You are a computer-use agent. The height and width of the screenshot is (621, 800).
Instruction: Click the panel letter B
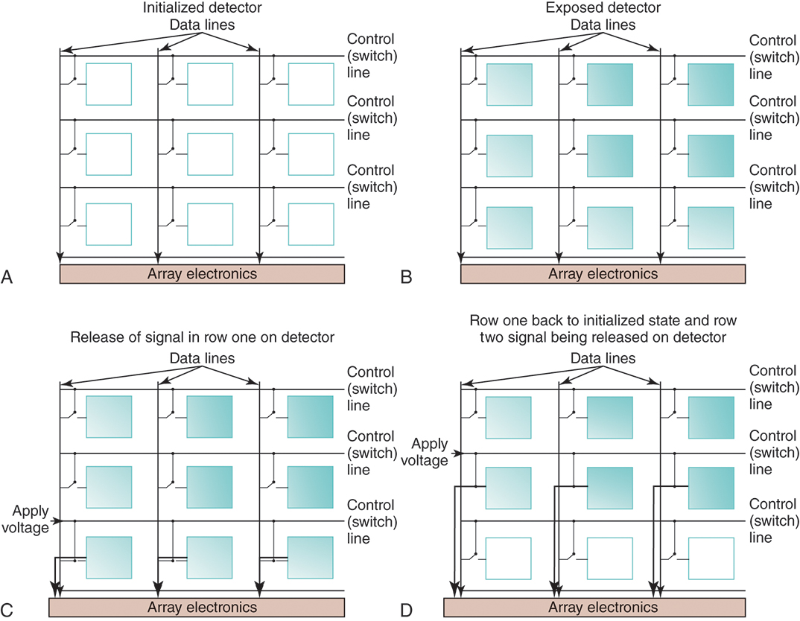(406, 277)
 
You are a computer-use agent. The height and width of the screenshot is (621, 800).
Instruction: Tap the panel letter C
(7, 610)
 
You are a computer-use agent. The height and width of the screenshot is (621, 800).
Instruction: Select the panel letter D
(407, 610)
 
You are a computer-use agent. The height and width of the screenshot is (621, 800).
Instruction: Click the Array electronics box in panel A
(201, 274)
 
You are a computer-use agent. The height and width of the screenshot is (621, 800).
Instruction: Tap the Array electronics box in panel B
(603, 274)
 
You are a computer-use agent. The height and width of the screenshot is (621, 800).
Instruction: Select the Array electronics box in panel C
(201, 607)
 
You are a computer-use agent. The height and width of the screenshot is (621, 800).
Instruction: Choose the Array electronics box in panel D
(603, 607)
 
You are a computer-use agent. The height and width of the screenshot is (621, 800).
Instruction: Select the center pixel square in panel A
(210, 155)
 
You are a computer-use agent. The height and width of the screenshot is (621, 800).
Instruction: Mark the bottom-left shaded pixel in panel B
(509, 227)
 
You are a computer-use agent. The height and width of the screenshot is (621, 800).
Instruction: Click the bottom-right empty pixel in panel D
(710, 558)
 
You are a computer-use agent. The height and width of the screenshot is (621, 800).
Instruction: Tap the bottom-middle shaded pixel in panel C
(210, 558)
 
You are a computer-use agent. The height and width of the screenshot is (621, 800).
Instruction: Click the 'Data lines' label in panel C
(203, 358)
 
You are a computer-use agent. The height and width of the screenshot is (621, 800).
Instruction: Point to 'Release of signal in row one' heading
(203, 337)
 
